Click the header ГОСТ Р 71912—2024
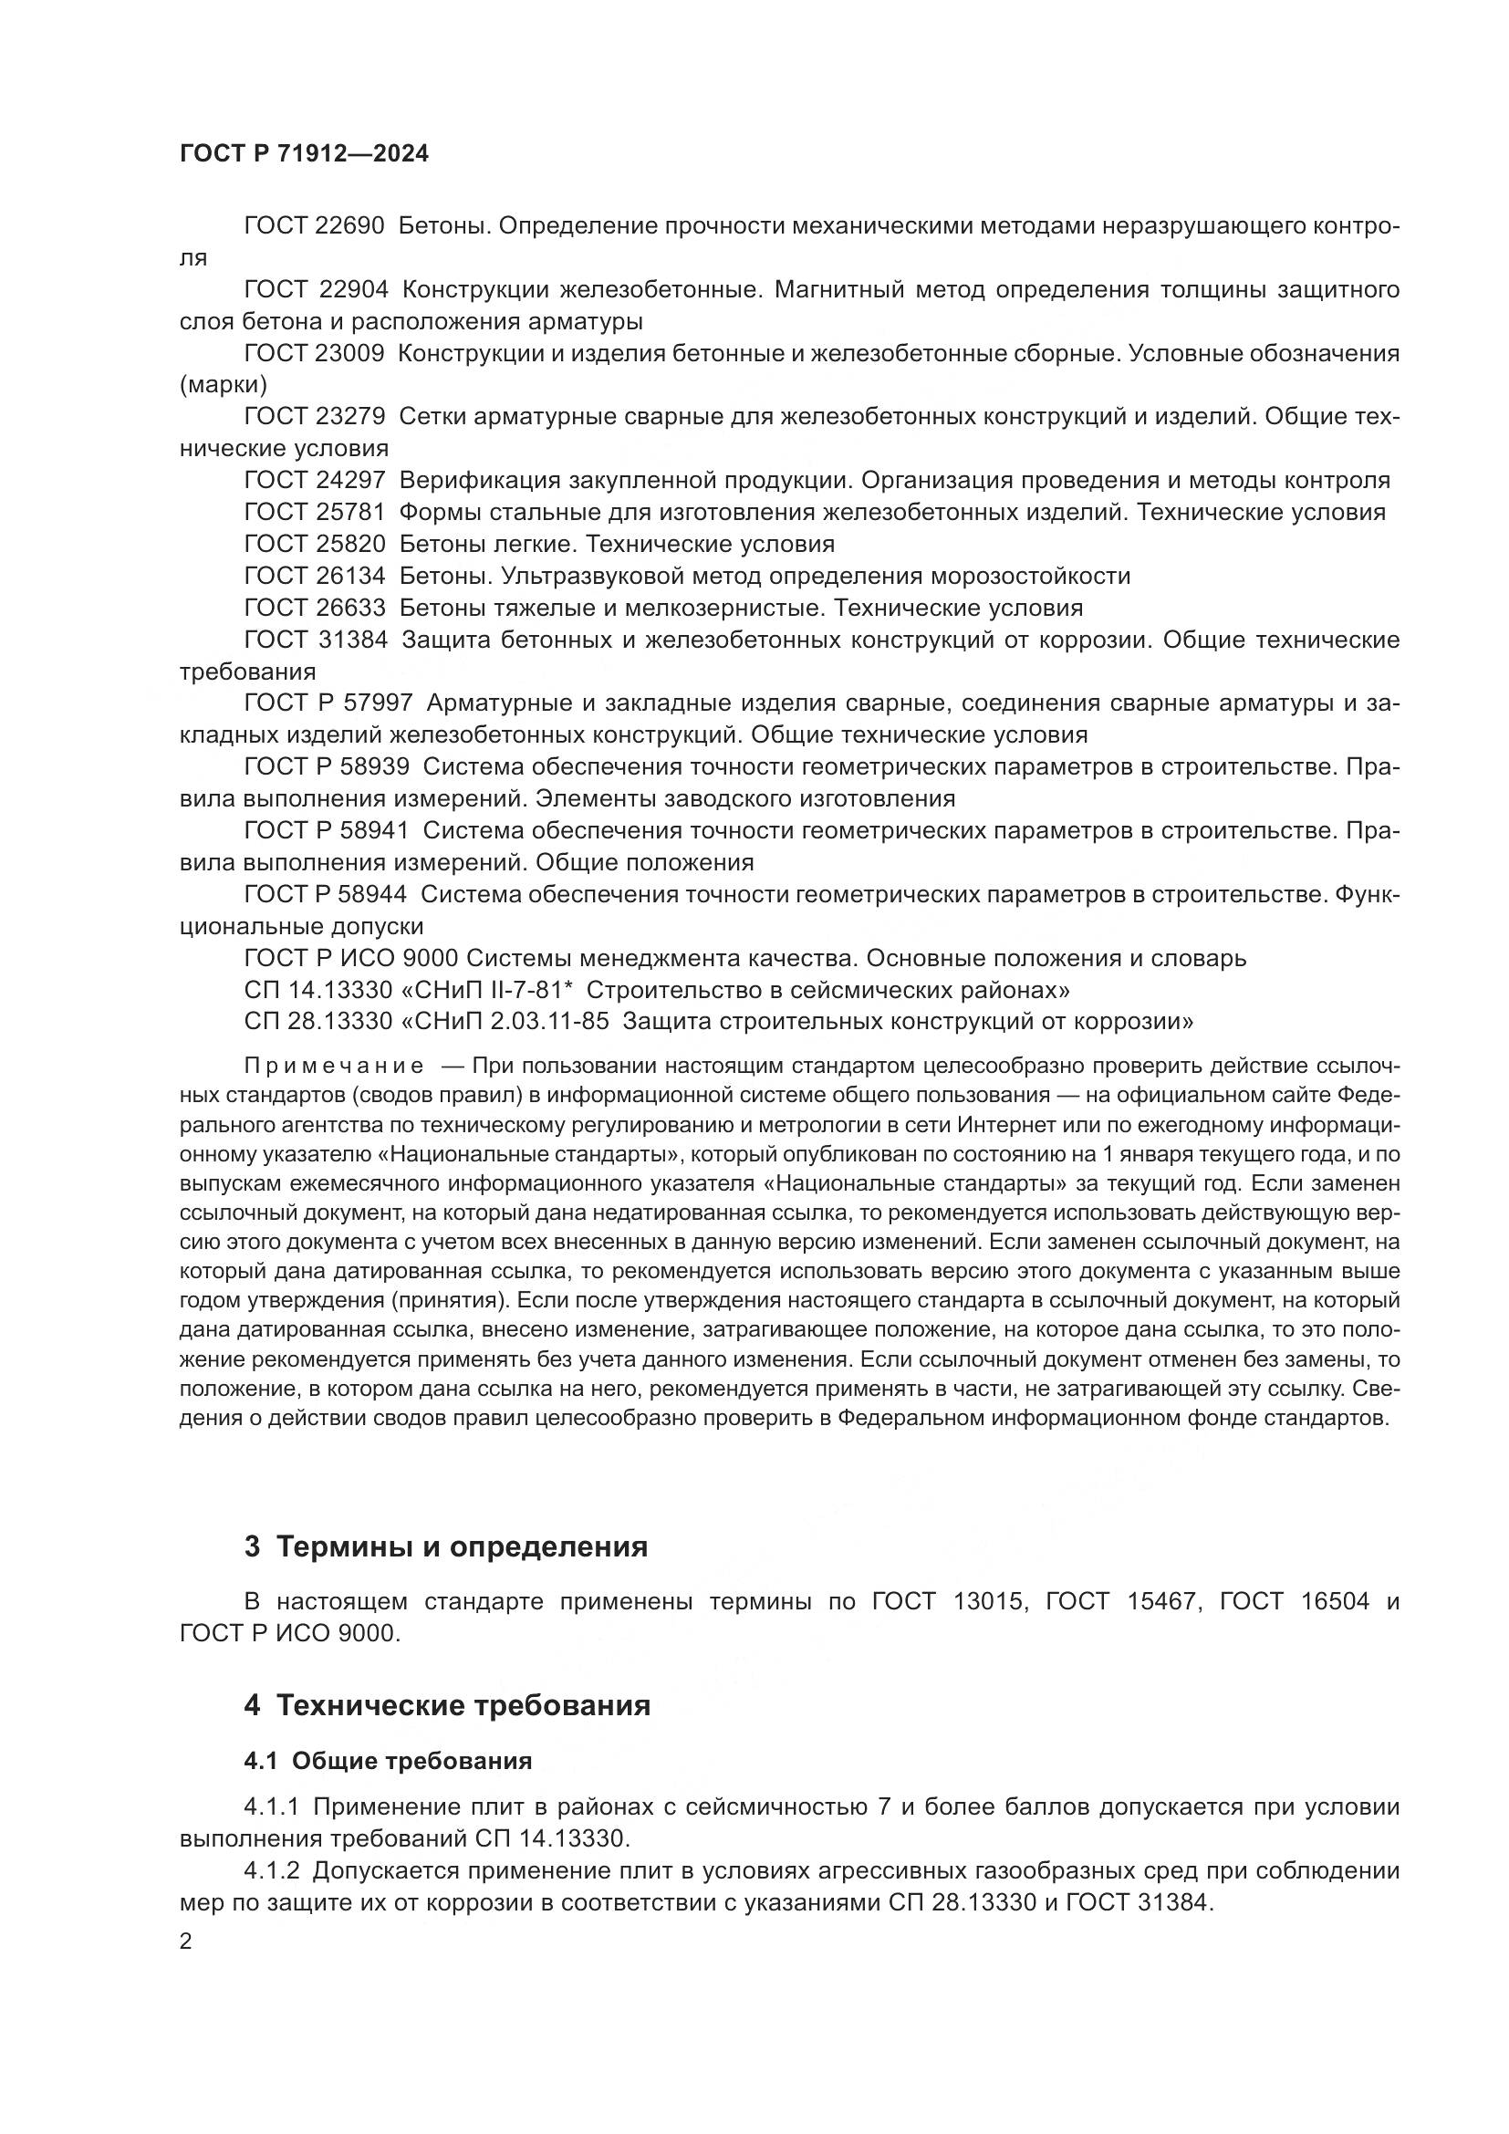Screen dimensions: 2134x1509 coord(304,154)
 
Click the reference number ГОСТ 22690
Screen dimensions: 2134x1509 coord(314,226)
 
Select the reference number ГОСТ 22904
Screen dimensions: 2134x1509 coord(315,290)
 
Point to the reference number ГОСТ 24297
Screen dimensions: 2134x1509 coord(314,481)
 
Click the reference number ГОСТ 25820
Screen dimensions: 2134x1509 coord(314,544)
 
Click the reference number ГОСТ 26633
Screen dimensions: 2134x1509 coord(314,608)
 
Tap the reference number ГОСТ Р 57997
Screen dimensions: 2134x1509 coord(328,703)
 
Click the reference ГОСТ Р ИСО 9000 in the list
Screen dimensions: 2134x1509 coord(351,958)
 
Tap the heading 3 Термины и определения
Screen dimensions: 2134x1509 coord(446,1547)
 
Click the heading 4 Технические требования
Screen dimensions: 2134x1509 coord(447,1706)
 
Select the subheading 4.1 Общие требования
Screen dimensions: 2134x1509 coord(388,1761)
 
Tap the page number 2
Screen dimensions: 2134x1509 coord(186,1941)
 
